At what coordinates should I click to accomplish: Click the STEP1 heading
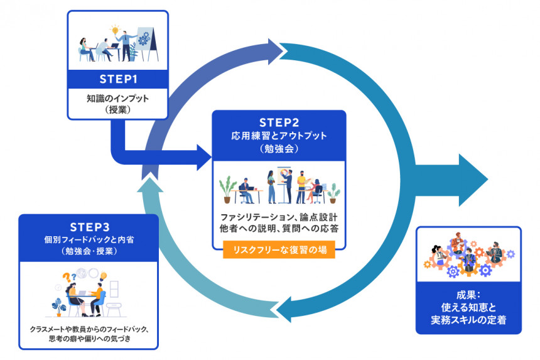click(x=118, y=79)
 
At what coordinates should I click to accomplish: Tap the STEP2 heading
click(x=278, y=121)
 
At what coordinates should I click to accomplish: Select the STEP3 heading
click(x=88, y=226)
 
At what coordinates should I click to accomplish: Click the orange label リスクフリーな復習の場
click(x=279, y=251)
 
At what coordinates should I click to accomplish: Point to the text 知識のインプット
click(x=117, y=98)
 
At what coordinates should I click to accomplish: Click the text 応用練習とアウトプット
click(x=278, y=135)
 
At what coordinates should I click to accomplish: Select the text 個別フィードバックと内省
click(x=88, y=239)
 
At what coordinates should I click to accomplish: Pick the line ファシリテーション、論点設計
click(x=279, y=217)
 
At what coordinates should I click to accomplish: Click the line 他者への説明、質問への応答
click(x=279, y=229)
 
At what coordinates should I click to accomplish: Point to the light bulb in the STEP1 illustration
click(x=115, y=30)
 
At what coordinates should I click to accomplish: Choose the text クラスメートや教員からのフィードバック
click(x=89, y=329)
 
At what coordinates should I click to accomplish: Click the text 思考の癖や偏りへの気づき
click(x=89, y=339)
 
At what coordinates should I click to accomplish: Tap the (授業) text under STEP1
click(x=117, y=109)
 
